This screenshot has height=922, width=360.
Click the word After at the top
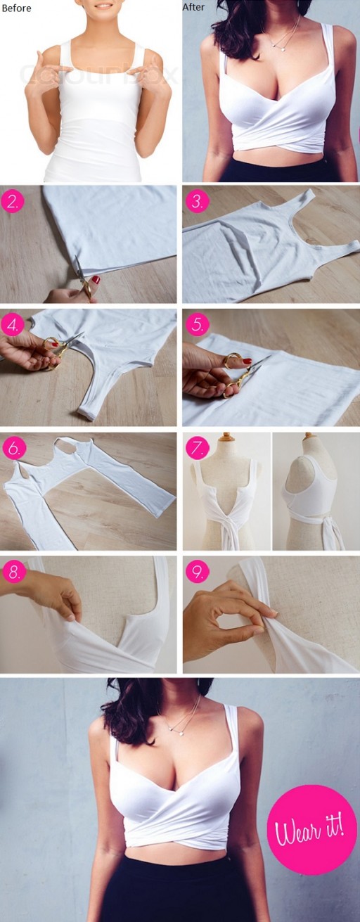point(193,7)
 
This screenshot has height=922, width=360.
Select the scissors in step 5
point(243,371)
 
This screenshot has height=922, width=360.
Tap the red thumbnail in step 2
point(95,280)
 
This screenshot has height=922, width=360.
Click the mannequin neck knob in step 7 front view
point(226,437)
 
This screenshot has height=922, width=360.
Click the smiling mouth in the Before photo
point(103,6)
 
